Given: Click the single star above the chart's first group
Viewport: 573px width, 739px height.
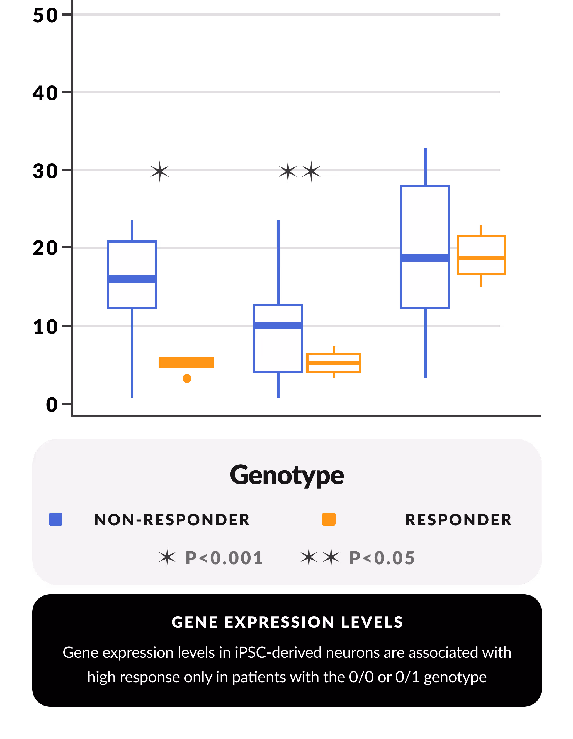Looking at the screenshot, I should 160,171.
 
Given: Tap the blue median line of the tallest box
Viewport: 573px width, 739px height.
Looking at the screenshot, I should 425,257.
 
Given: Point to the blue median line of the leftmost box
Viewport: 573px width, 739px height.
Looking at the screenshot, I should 132,279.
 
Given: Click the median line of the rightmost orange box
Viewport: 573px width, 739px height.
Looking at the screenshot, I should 481,258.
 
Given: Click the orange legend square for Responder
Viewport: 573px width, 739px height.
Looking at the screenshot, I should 329,519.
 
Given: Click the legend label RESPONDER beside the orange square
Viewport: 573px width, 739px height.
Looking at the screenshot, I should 458,520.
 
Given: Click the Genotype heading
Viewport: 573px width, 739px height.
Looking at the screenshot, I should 287,475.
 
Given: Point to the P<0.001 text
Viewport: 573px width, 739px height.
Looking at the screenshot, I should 224,558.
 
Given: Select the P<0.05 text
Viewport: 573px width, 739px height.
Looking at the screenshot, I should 382,558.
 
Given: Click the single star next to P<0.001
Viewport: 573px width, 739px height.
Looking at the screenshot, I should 167,558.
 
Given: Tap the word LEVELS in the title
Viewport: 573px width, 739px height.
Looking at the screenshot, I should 372,622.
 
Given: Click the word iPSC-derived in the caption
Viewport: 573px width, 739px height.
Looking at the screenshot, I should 278,652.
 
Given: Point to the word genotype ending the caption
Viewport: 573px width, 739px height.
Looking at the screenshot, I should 455,677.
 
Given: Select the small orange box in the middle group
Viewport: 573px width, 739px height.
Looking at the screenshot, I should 333,363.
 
